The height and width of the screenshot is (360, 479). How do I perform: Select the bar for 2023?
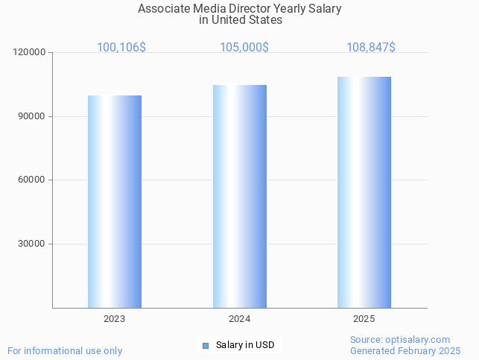pos(115,201)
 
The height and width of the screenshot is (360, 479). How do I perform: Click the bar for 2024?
pos(240,196)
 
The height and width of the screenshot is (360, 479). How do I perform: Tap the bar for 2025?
pos(364,192)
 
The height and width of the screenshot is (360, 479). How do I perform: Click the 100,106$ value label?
pos(121,48)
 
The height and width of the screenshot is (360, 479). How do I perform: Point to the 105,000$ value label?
pos(244,48)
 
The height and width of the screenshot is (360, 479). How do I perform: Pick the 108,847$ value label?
pos(371,48)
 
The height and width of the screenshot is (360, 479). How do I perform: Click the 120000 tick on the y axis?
pos(30,53)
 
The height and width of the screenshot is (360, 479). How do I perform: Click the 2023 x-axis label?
pos(115,319)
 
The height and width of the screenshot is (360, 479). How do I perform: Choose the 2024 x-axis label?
pos(240,319)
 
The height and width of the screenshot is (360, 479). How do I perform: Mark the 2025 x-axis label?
pos(364,319)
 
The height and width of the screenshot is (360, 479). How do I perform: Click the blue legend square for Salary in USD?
pos(206,345)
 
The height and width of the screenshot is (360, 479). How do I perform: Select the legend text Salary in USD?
pos(245,345)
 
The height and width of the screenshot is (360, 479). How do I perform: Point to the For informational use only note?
pos(65,350)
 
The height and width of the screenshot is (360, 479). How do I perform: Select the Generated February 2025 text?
pos(405,350)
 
